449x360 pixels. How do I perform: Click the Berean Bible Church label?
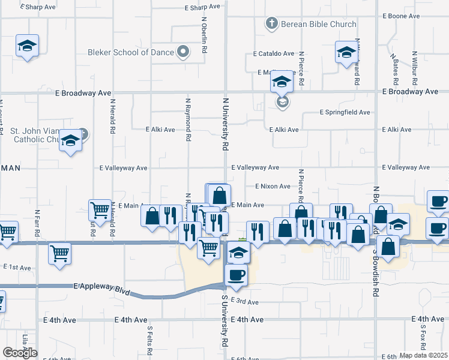(x=319, y=24)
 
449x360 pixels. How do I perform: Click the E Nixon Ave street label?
(x=273, y=187)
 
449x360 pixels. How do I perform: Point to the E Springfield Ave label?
(x=345, y=112)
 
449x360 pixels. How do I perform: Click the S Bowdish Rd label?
(x=376, y=273)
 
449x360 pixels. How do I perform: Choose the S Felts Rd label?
(x=149, y=338)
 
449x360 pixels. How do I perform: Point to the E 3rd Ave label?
(x=244, y=302)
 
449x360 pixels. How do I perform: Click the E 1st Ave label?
(x=17, y=267)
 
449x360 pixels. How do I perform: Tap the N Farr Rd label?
(x=37, y=224)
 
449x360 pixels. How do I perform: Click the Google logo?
(x=19, y=353)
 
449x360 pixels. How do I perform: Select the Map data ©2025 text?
(x=423, y=355)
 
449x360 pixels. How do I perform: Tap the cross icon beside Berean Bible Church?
(x=271, y=24)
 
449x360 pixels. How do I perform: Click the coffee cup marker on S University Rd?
(x=236, y=275)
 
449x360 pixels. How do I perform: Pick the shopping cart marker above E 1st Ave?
(x=60, y=253)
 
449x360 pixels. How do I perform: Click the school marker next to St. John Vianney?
(x=71, y=142)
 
